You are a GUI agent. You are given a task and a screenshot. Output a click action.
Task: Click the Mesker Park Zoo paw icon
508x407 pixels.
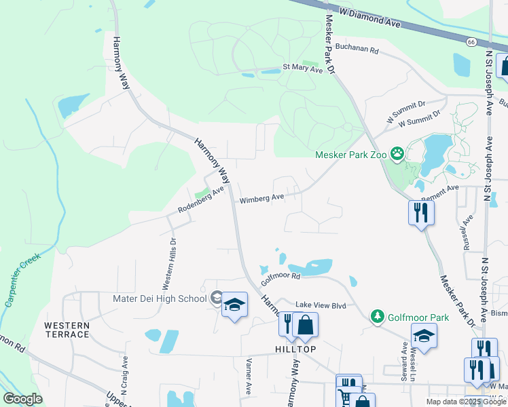point(397,155)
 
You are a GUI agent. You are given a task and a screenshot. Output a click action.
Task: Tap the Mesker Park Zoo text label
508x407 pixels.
point(351,155)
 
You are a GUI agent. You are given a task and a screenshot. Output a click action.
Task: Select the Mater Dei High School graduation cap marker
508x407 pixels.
point(234,305)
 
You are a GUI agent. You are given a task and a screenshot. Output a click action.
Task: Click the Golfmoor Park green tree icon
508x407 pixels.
point(377,316)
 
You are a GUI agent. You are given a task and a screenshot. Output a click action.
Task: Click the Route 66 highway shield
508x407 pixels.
point(471,42)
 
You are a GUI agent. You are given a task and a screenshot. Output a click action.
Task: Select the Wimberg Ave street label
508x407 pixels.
point(261,199)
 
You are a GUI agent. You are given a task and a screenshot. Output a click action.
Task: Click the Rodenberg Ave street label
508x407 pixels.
point(200,200)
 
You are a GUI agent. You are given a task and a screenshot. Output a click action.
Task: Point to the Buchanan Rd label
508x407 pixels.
point(356,50)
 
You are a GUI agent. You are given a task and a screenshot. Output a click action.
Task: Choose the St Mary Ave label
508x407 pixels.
point(303,68)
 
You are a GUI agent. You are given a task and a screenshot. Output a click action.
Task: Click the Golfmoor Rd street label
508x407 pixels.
point(281,277)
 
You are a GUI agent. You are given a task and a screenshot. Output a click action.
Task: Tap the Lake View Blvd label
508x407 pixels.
point(320,306)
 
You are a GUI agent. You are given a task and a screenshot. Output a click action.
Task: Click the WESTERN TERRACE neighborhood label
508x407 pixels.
point(67,330)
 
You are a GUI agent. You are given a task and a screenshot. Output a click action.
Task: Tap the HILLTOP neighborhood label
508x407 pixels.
point(295,349)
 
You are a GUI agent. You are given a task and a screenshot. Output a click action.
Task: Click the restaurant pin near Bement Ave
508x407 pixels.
point(421,213)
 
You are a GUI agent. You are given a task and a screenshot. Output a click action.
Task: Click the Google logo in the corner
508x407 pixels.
point(23,399)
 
